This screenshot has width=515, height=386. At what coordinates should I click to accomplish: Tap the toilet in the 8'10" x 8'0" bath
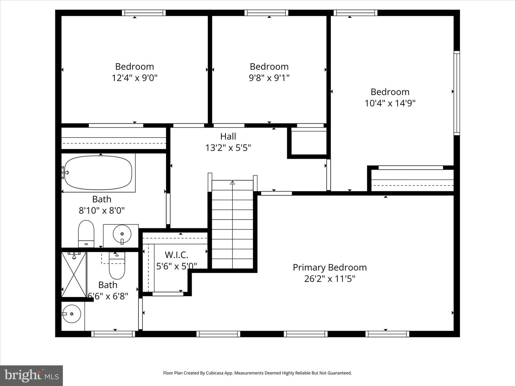click(x=86, y=233)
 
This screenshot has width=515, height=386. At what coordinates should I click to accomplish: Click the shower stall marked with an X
click(x=74, y=274)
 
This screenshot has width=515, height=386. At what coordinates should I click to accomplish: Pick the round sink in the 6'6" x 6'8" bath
click(x=72, y=314)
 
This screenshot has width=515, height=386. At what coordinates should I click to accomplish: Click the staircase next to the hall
click(x=232, y=225)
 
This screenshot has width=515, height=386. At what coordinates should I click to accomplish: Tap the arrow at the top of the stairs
click(x=232, y=183)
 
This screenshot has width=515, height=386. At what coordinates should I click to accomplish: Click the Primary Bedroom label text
click(x=329, y=267)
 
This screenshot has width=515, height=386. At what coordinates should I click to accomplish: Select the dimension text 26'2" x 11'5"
click(x=329, y=279)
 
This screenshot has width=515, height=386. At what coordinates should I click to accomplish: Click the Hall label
click(x=228, y=136)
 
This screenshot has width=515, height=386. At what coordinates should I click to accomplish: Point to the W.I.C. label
click(x=176, y=255)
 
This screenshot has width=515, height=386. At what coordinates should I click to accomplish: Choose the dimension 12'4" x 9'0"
click(x=134, y=78)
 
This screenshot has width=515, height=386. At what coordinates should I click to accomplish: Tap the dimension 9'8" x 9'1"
click(x=269, y=78)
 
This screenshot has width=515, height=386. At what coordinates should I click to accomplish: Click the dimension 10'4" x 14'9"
click(x=390, y=103)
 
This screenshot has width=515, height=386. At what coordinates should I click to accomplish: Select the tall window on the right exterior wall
click(x=457, y=93)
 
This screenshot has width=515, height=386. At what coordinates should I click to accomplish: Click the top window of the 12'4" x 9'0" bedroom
click(x=143, y=13)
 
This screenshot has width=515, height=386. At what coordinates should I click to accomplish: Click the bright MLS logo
click(x=31, y=375)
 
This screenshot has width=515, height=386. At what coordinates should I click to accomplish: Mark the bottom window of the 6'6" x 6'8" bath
click(x=113, y=334)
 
